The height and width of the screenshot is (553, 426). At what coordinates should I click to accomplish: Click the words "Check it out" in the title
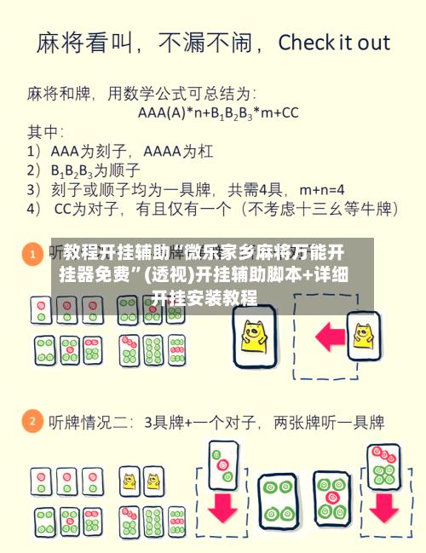click(334, 42)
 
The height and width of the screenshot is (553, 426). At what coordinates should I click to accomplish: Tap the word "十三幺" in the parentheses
click(325, 208)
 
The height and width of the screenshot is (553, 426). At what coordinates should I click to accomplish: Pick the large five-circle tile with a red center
click(331, 498)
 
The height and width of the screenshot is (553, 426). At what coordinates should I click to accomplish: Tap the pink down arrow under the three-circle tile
click(223, 504)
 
